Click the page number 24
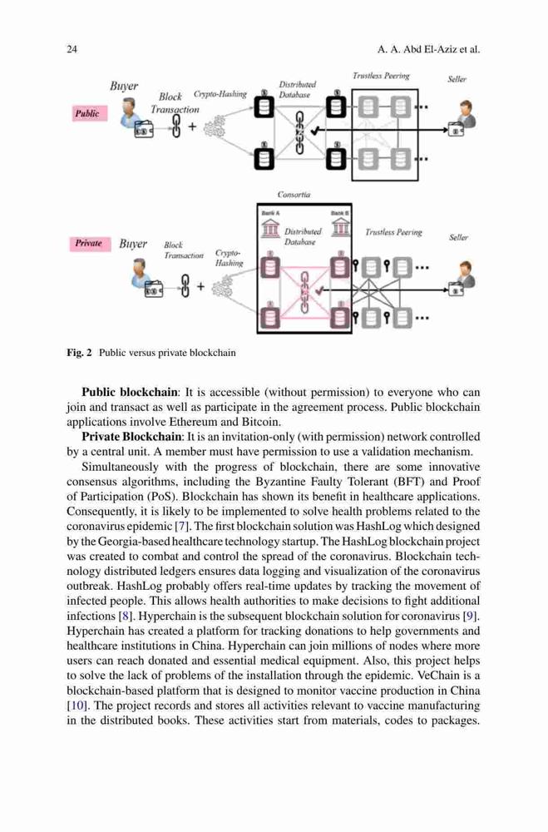pos(72,49)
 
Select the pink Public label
pos(89,113)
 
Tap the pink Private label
pos(90,244)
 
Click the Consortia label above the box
pos(294,194)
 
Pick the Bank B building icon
pos(340,227)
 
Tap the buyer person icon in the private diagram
pos(140,272)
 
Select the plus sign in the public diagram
pos(192,126)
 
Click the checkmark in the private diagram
pos(318,290)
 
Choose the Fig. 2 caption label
pos(80,352)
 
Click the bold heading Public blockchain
pos(130,392)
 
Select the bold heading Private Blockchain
pos(131,437)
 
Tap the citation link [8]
pos(126,616)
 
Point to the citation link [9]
pos(471,616)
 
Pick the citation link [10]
pos(74,706)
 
